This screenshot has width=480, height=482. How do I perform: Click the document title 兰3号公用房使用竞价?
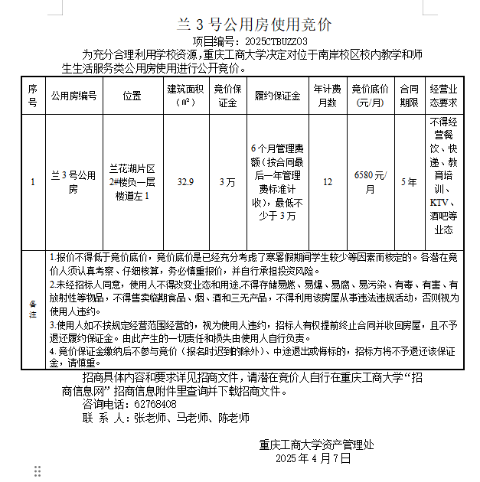(243, 24)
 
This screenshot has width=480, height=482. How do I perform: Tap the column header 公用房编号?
(74, 96)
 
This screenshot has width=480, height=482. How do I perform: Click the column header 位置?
(132, 96)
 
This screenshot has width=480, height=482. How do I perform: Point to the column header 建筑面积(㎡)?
(185, 96)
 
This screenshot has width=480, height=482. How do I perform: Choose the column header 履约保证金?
(277, 96)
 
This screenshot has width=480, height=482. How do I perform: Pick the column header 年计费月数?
(328, 96)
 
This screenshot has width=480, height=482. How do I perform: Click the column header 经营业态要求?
(443, 96)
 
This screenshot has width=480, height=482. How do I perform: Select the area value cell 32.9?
(185, 182)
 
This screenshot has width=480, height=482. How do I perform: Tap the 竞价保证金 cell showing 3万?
(227, 182)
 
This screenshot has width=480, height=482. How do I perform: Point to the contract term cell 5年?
(410, 182)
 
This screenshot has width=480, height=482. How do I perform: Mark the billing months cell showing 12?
(328, 182)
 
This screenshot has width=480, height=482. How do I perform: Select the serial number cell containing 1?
(32, 182)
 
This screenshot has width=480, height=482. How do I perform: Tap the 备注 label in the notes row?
(32, 310)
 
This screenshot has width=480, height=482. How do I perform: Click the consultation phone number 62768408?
(155, 404)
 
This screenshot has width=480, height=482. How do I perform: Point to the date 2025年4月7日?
(313, 458)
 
